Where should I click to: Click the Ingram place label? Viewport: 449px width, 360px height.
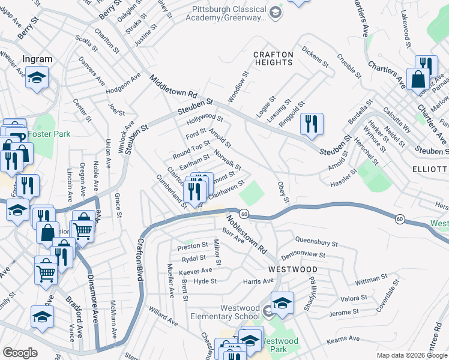coord(37,59)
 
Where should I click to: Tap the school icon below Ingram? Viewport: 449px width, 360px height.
coord(37,78)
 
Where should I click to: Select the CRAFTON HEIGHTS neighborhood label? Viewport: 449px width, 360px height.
coord(273,58)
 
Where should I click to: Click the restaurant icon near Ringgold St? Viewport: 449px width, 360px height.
coord(312,124)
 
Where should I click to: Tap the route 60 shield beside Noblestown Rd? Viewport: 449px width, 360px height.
coord(244,214)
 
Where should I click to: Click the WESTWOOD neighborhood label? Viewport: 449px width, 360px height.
coord(292,269)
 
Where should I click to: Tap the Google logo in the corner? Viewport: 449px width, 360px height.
coord(20,353)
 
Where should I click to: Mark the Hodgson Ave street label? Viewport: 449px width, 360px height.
coord(122,83)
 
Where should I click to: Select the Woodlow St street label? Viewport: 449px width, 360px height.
coord(238,88)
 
